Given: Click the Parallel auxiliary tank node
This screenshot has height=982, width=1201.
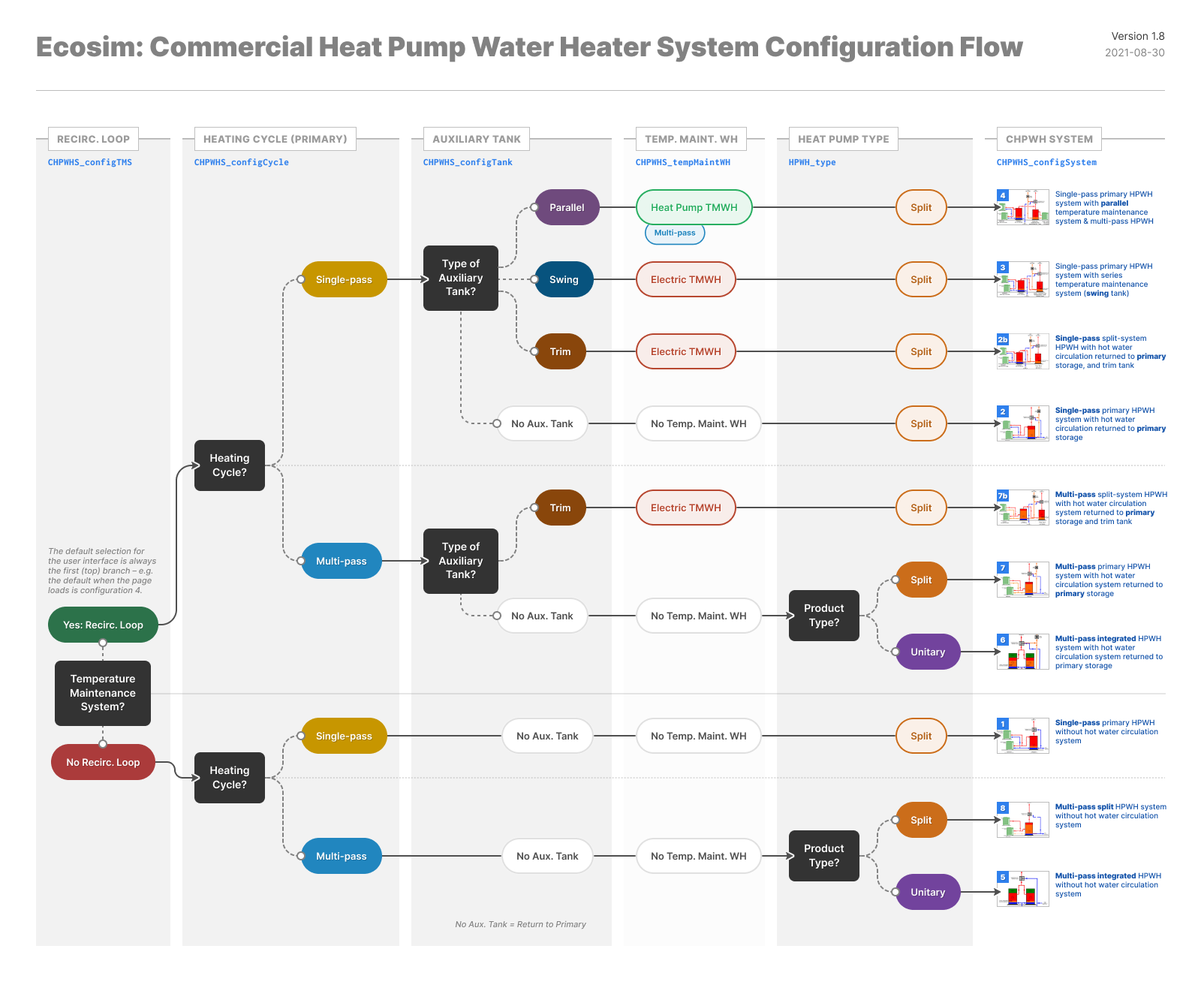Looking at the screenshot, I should [567, 207].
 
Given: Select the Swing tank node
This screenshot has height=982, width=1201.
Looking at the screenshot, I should [564, 279].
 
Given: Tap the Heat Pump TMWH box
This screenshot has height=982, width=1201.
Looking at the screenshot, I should [694, 207].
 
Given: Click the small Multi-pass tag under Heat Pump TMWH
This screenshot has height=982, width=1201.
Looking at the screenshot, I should [675, 233].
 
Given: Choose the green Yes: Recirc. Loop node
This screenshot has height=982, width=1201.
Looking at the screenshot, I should [103, 625].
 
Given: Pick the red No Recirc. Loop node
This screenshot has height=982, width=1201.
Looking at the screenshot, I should [103, 762].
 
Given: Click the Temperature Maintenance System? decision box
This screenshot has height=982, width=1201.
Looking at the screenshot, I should [103, 693].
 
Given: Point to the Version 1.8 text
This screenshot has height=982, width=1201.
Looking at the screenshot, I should [1138, 36].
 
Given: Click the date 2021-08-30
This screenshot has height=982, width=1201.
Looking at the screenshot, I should [1134, 53].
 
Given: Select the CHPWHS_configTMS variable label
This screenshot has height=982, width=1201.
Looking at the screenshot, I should [90, 162].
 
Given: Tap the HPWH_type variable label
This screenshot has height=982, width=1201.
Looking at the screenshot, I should [812, 162].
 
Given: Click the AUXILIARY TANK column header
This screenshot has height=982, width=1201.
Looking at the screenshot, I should [477, 139].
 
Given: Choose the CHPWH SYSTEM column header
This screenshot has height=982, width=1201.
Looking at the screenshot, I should [1049, 139].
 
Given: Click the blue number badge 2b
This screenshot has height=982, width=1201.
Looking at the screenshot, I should [1003, 339].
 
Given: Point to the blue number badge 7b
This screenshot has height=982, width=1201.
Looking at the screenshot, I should [1003, 496].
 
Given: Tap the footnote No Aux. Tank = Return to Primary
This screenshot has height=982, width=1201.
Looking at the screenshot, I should [520, 924].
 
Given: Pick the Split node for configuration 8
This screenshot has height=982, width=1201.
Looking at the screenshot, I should [921, 820].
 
